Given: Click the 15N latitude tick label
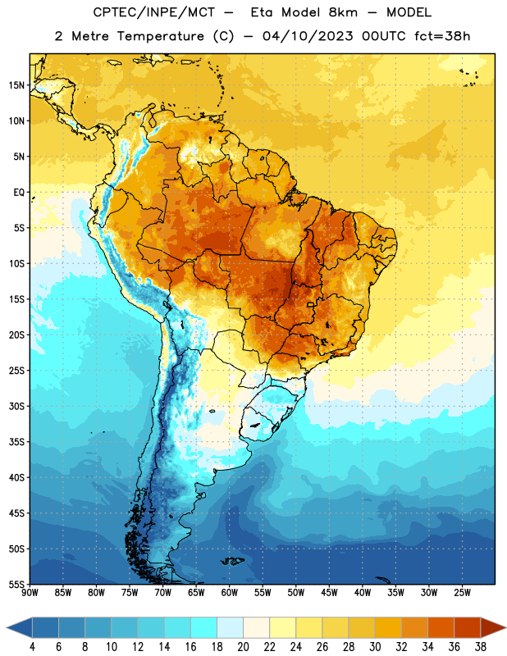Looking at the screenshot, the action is (x=16, y=85).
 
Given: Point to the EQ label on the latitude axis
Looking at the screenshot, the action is (x=19, y=193).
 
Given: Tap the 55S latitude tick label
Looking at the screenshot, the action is (x=16, y=584).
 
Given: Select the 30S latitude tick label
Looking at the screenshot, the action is (x=16, y=406).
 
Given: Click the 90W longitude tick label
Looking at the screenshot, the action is (x=30, y=593).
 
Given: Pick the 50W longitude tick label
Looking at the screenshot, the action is (x=295, y=593).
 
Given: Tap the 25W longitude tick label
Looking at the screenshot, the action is (x=462, y=593).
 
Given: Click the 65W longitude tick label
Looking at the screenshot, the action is (x=196, y=593).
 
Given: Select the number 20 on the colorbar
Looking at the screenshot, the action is (x=243, y=647).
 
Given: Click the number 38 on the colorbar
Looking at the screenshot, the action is (x=481, y=647).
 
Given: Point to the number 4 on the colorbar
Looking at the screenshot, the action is (x=32, y=647).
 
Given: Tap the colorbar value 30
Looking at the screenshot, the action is (x=375, y=647).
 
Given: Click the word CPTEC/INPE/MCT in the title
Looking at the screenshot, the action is (x=153, y=12).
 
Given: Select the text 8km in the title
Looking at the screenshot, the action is (x=343, y=12).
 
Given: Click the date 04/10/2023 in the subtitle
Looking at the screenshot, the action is (x=308, y=36).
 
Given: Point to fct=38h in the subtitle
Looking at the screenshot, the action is (x=442, y=36).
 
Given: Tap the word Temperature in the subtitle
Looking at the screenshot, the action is (x=161, y=36).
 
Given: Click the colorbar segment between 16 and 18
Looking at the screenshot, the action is (x=204, y=627).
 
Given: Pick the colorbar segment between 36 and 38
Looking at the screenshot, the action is (x=468, y=627).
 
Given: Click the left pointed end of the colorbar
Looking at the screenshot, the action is (x=7, y=627).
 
